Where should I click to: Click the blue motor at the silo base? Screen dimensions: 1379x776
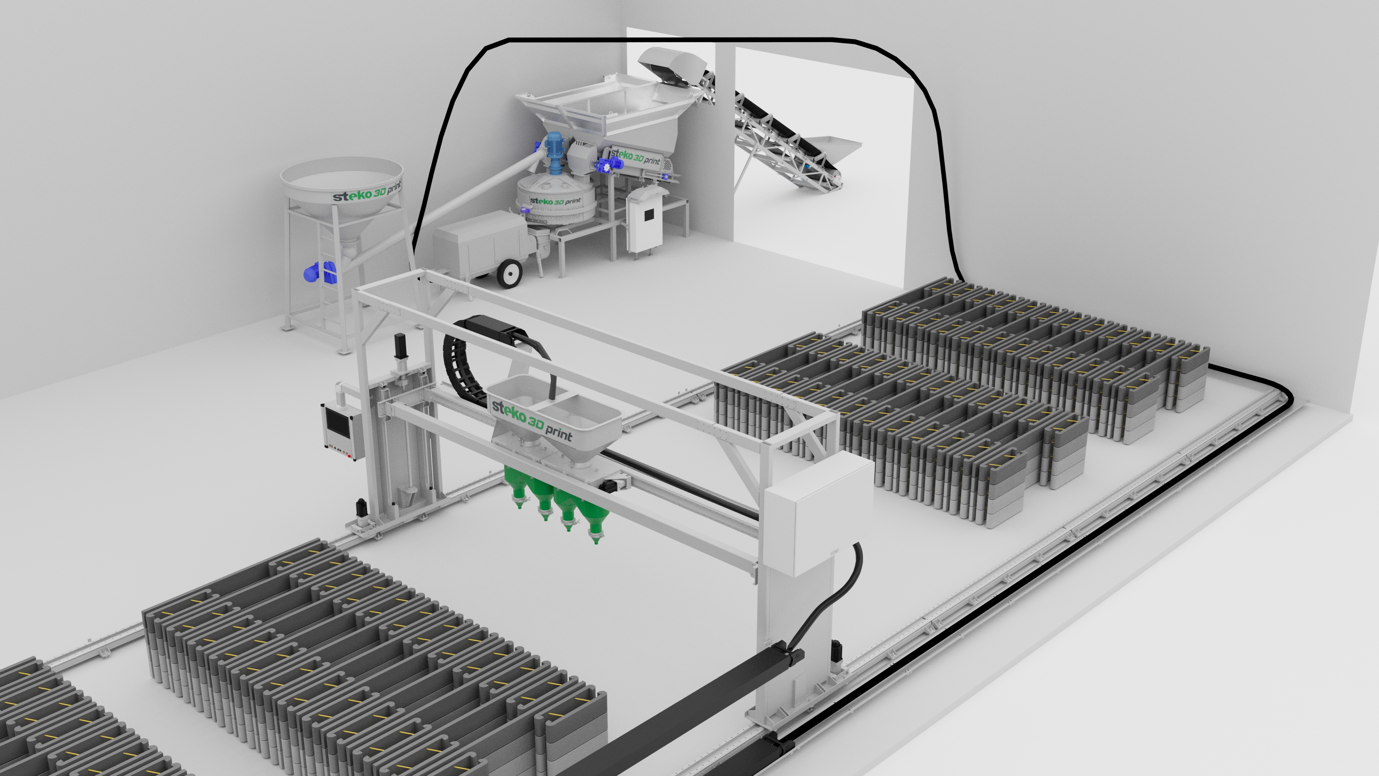click(x=317, y=273)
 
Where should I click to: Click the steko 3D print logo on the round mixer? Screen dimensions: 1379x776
click(x=555, y=201)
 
